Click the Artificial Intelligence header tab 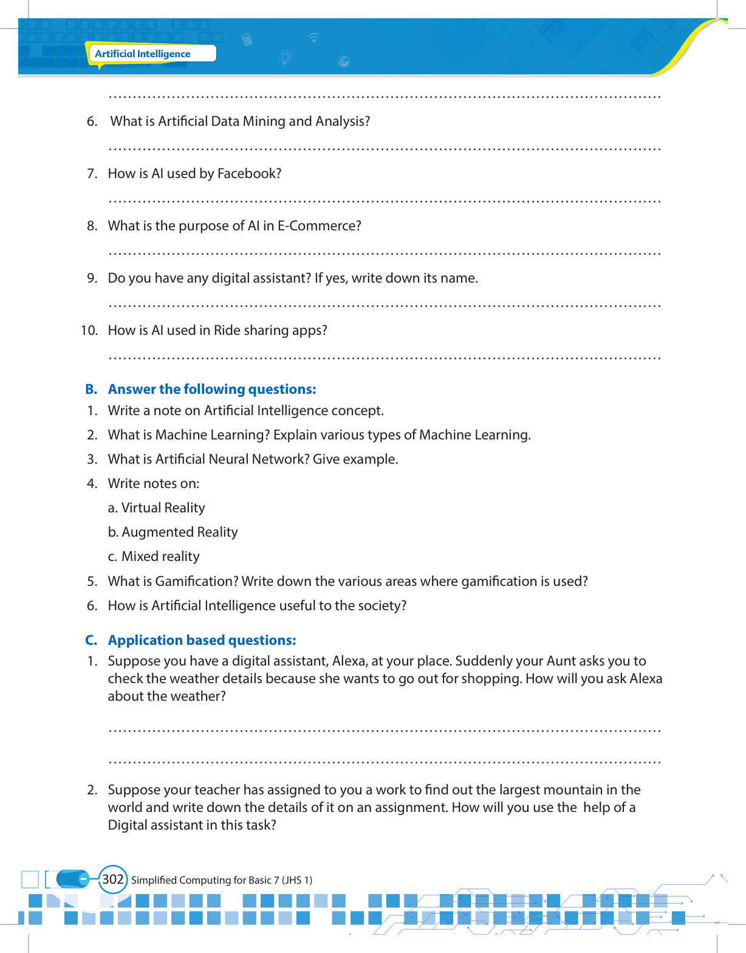[x=143, y=53]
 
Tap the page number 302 [x=113, y=879]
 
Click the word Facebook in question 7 [x=249, y=174]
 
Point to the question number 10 [x=89, y=331]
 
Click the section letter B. [x=91, y=390]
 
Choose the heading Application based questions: [x=202, y=641]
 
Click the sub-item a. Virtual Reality [x=156, y=508]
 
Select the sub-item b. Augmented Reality [x=173, y=532]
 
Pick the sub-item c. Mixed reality [x=154, y=557]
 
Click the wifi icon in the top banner [x=313, y=38]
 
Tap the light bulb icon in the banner [x=286, y=58]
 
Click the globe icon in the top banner [x=344, y=61]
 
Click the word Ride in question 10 [x=227, y=331]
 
